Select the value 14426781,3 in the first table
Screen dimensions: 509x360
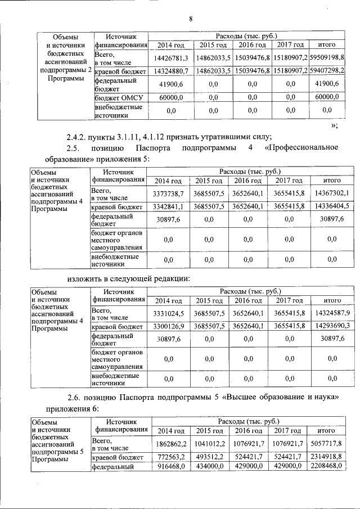(x=170, y=58)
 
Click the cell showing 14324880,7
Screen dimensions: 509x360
(x=170, y=71)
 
